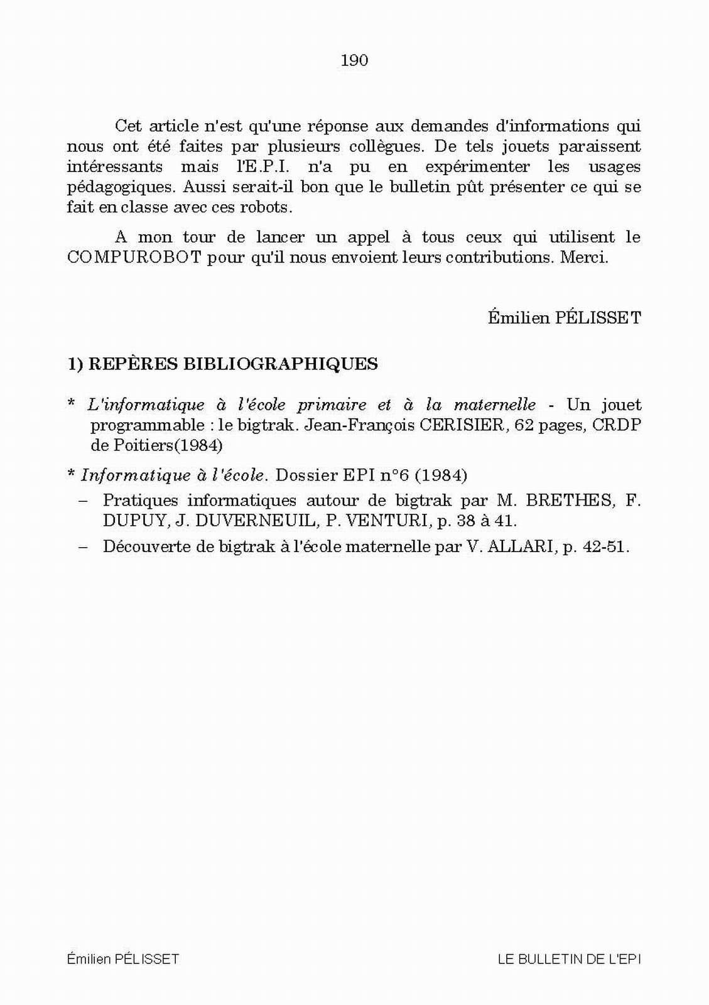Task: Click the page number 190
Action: pos(354,60)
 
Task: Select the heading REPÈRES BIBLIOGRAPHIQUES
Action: pos(233,364)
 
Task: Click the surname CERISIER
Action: pos(462,425)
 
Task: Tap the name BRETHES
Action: pos(569,501)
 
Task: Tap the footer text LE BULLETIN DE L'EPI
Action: pos(569,959)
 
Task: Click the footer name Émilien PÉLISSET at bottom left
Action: pos(123,959)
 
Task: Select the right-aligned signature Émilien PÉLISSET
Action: pos(565,318)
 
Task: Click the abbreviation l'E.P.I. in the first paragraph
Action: pos(258,167)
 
